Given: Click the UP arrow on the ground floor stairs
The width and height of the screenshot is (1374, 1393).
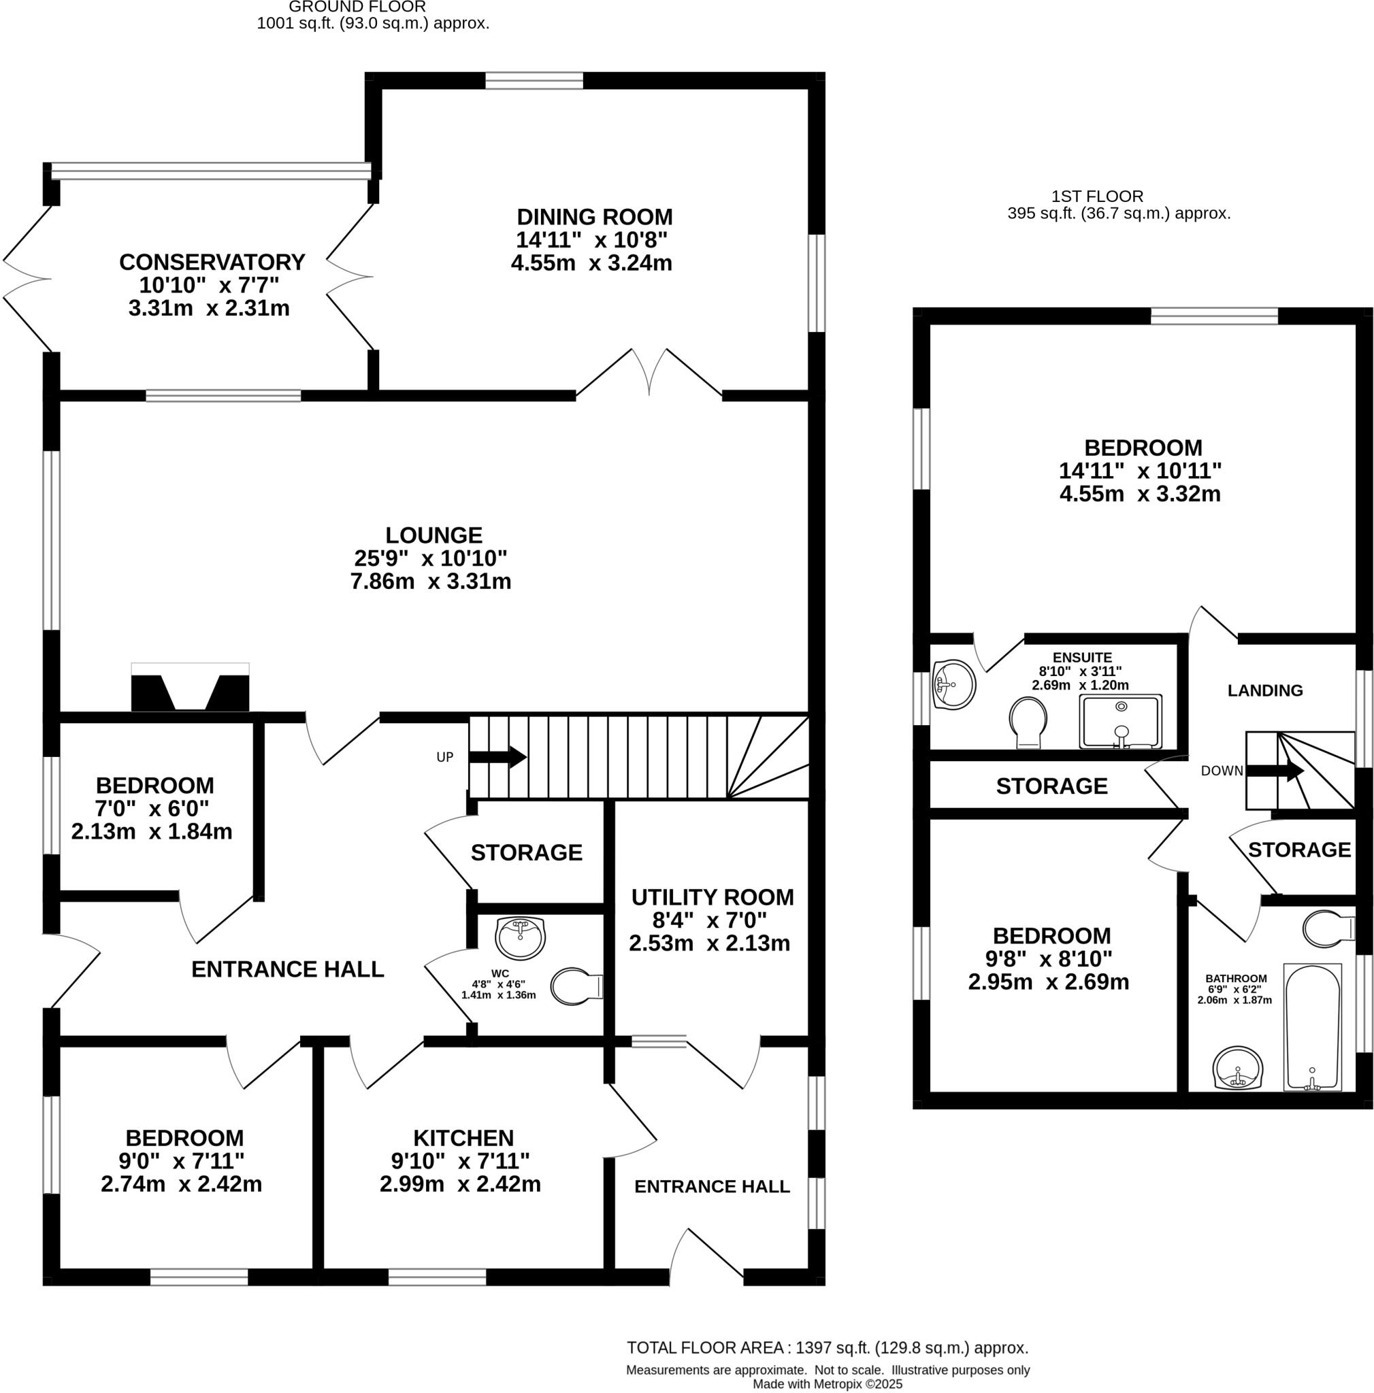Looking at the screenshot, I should click(497, 757).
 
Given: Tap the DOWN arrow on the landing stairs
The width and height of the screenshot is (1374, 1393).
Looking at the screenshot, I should click(1275, 771).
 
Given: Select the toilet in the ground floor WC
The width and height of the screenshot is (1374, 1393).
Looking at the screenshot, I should click(575, 986).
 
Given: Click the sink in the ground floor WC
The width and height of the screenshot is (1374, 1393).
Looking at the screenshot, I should click(520, 937).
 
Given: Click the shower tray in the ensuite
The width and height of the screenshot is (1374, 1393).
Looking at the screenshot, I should click(1119, 721).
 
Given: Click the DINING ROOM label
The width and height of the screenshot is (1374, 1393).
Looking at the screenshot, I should click(594, 217).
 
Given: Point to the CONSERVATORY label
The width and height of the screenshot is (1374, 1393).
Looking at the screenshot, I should click(212, 262).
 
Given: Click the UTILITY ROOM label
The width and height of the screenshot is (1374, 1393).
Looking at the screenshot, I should click(712, 897).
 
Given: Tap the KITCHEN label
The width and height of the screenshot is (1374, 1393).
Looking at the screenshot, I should click(463, 1138).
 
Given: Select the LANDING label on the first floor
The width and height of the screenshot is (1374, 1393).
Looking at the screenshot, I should click(1264, 690).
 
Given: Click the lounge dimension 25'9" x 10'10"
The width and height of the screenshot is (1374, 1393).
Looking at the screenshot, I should click(431, 558).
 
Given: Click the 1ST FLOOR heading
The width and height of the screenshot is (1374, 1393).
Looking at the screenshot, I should click(1096, 196).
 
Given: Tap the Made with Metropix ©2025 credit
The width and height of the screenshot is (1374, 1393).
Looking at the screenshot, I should click(827, 1383).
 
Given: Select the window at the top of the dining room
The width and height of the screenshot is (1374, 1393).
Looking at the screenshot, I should click(534, 81).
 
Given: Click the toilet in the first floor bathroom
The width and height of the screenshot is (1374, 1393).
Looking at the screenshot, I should click(1326, 928).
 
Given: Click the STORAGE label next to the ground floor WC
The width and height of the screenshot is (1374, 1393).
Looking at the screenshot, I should click(526, 852).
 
